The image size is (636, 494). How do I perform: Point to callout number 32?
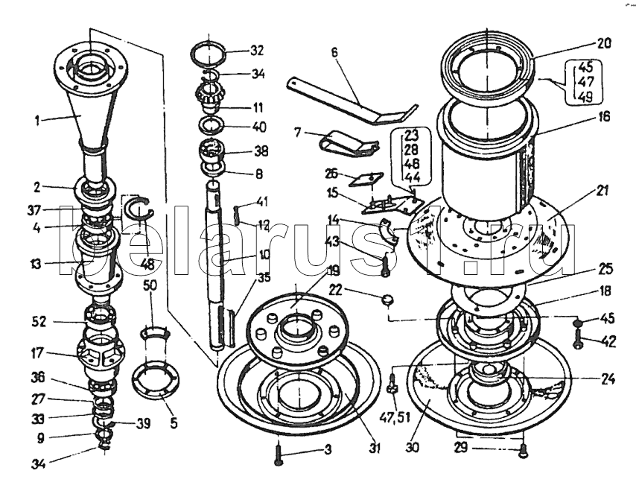pyautogui.click(x=257, y=51)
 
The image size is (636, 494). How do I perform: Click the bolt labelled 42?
pyautogui.click(x=578, y=343)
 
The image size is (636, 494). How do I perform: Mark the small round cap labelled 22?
pyautogui.click(x=386, y=300)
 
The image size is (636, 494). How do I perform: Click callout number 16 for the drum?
pyautogui.click(x=602, y=117)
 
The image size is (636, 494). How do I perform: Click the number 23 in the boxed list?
pyautogui.click(x=412, y=136)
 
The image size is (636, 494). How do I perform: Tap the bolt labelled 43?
pyautogui.click(x=385, y=264)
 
